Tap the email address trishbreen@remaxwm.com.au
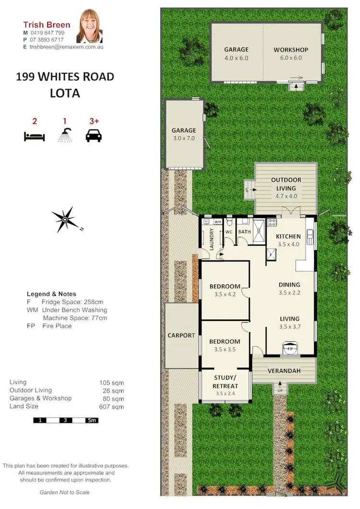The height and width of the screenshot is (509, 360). (x=67, y=47)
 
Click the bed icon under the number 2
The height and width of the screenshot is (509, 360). (x=34, y=137)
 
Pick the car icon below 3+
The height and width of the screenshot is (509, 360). (x=94, y=136)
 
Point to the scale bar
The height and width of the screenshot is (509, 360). (x=66, y=421)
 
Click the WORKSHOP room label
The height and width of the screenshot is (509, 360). (x=291, y=50)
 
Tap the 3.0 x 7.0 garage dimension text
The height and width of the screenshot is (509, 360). (x=184, y=138)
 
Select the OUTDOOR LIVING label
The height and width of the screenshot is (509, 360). (x=286, y=184)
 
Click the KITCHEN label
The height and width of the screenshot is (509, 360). (x=288, y=237)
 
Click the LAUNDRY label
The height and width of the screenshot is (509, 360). (x=211, y=238)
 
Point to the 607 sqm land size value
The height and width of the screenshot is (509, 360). (x=114, y=406)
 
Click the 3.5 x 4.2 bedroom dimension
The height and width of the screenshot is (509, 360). (x=225, y=295)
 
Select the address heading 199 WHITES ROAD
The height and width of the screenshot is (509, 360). (x=65, y=77)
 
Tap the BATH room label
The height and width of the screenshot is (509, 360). (x=245, y=232)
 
